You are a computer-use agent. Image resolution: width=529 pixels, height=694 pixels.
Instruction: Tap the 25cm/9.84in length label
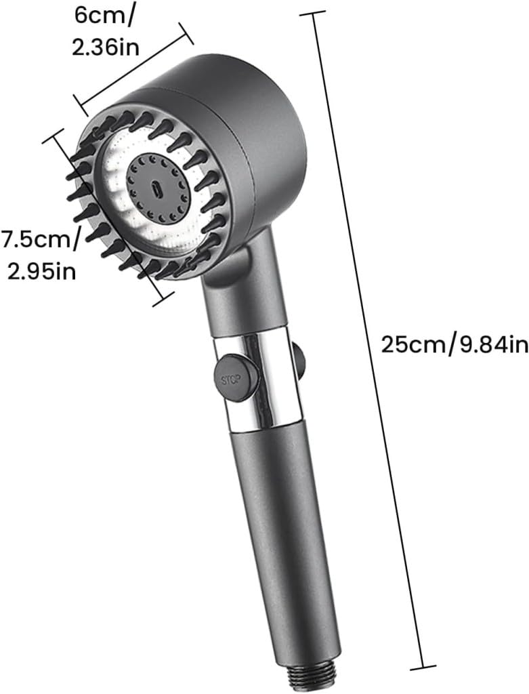coord(453,345)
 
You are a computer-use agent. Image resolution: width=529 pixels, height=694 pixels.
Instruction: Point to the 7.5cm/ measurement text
coord(41,238)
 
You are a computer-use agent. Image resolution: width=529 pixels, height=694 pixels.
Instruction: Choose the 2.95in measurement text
coord(41,271)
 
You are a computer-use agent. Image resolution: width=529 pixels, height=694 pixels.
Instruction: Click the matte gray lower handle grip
coord(284,529)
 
